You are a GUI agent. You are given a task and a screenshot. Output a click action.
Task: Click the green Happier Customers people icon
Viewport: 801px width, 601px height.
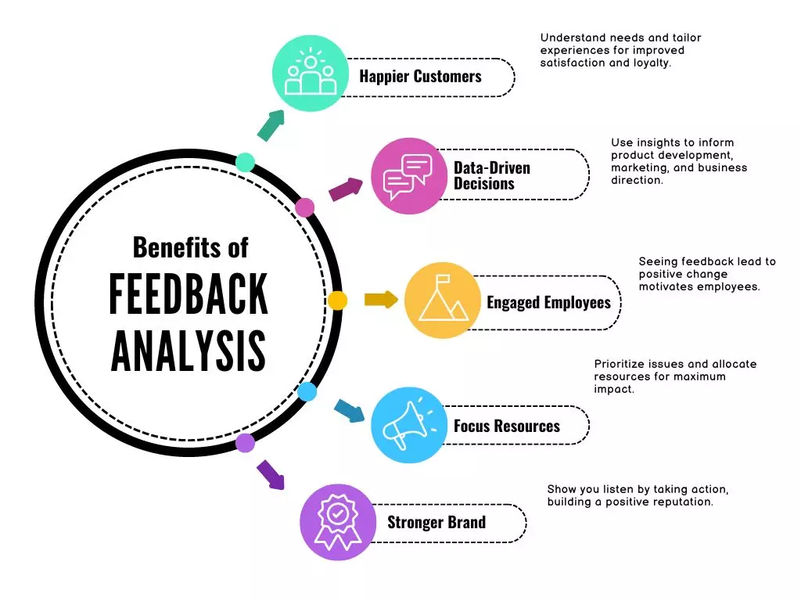pyautogui.click(x=311, y=74)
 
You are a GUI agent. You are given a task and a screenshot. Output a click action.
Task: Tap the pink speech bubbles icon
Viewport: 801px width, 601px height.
pyautogui.click(x=408, y=176)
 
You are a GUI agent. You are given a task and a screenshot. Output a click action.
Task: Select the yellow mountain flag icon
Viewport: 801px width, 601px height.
pyautogui.click(x=443, y=300)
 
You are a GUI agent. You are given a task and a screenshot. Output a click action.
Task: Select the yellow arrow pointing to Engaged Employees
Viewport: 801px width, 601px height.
pyautogui.click(x=381, y=300)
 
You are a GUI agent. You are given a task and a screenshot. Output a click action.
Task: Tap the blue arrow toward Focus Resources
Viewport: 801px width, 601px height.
pyautogui.click(x=349, y=410)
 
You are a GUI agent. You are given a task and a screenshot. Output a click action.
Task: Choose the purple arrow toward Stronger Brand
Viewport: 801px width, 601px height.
pyautogui.click(x=270, y=475)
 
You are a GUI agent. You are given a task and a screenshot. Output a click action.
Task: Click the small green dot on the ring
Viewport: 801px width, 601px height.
pyautogui.click(x=246, y=162)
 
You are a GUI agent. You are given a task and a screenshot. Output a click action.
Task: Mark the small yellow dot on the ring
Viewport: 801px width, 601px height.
pyautogui.click(x=337, y=300)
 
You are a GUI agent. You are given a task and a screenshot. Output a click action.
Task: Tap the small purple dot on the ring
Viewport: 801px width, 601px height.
pyautogui.click(x=246, y=443)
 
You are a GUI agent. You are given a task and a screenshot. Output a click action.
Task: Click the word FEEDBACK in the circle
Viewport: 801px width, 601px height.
pyautogui.click(x=189, y=294)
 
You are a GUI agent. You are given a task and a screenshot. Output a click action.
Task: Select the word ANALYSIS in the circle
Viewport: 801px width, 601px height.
pyautogui.click(x=189, y=351)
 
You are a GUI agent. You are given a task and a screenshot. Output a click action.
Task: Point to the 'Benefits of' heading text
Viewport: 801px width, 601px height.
pyautogui.click(x=190, y=247)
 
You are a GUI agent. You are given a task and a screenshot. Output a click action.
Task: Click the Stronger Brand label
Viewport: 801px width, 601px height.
pyautogui.click(x=436, y=522)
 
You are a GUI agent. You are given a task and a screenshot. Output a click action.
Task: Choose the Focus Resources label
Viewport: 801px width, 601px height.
pyautogui.click(x=507, y=426)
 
